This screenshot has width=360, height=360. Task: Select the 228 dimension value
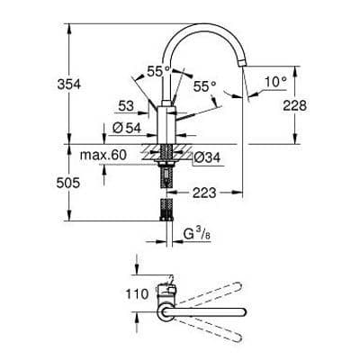point(308,105)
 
